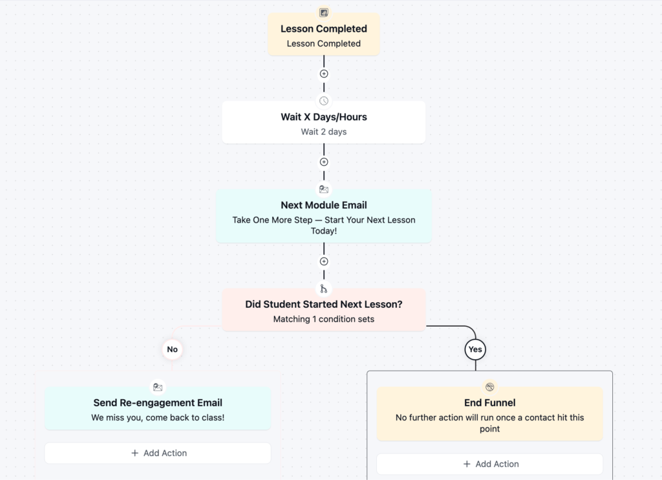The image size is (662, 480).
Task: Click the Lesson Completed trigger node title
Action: pos(324,28)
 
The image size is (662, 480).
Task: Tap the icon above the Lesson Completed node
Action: pos(324,13)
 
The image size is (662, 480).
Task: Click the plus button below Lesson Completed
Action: pos(324,74)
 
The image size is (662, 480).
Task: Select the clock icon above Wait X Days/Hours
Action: pos(324,101)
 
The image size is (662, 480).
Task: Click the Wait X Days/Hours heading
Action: pos(324,117)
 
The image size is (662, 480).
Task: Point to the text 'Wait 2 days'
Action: pos(324,132)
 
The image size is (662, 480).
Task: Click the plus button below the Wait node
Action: pos(324,162)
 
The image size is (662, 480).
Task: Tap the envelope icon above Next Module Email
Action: pos(324,190)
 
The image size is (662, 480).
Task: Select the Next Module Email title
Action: pos(324,205)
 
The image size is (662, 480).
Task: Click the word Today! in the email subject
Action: pos(324,231)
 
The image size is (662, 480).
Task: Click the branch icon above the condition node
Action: pos(324,289)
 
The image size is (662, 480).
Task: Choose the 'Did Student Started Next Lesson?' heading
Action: pos(324,305)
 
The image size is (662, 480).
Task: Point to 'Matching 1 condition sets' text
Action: pos(324,320)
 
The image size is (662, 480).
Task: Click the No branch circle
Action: pos(172,349)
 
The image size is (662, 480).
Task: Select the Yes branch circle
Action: pos(475,349)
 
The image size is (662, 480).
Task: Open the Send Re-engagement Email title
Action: pos(158,402)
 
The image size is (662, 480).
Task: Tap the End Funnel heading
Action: pos(490,402)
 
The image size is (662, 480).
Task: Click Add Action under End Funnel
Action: pos(490,464)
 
